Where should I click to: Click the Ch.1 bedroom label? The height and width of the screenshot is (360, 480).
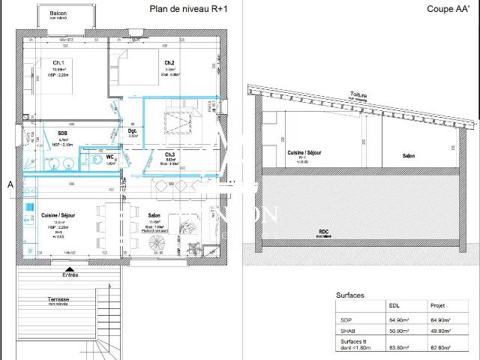(58, 62)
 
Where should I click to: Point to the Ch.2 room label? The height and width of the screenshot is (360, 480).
(169, 62)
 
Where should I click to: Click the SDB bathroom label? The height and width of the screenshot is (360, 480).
(62, 133)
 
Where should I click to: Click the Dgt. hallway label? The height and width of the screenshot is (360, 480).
(132, 131)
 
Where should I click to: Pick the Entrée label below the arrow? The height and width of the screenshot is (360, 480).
(70, 274)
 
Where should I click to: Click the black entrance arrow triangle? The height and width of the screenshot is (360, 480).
(70, 268)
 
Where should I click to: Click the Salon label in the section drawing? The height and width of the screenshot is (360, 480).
(409, 155)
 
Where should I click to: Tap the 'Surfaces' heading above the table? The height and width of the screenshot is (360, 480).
(350, 295)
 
